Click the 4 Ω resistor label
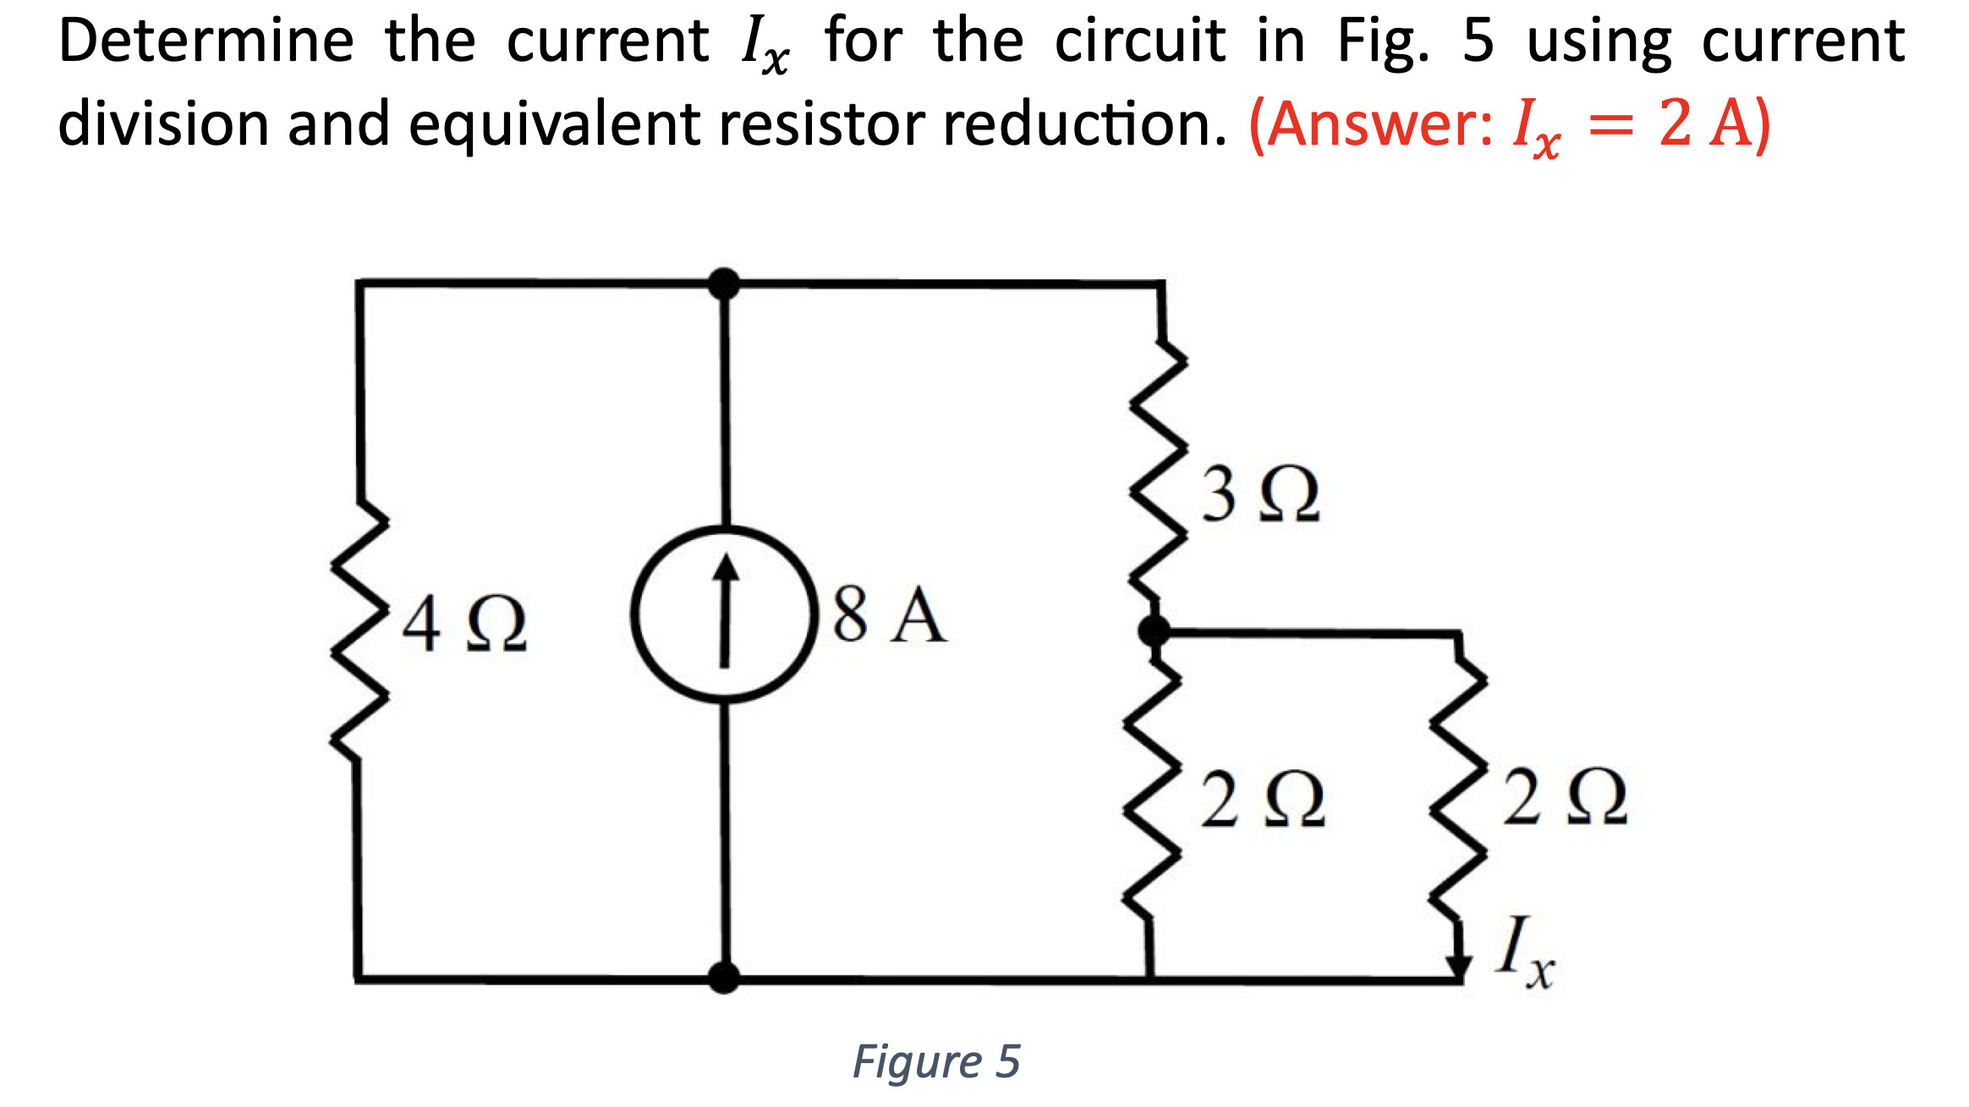[463, 624]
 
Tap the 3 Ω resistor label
[1259, 494]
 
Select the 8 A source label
[889, 615]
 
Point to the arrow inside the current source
[725, 609]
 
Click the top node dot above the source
[724, 284]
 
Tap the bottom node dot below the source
[724, 978]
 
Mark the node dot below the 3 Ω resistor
[1154, 631]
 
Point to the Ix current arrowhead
[1458, 966]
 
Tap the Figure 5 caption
[936, 1061]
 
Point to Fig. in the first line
[1383, 42]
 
